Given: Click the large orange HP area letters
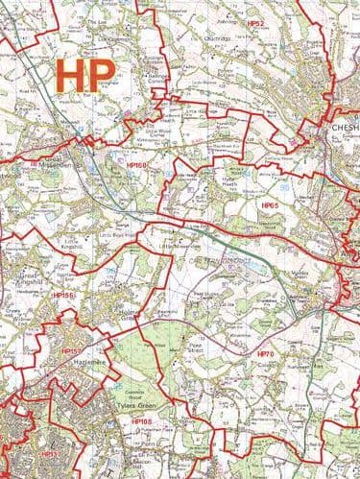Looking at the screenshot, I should (x=85, y=74).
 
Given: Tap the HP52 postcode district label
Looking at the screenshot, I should (x=255, y=21).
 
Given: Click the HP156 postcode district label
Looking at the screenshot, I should (x=63, y=296).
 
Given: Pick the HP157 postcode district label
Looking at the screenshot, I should (x=72, y=351).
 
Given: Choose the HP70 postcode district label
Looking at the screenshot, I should (x=266, y=355).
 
